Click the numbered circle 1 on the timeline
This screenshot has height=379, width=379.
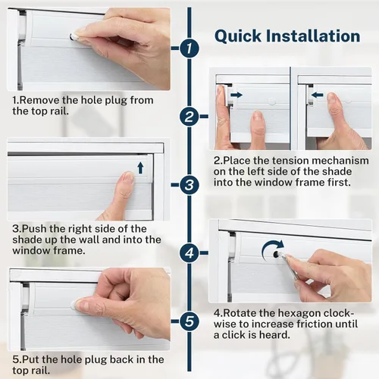click(189, 49)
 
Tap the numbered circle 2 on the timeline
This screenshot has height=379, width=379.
click(189, 117)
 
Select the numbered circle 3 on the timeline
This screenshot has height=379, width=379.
click(189, 185)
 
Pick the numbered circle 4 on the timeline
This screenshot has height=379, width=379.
click(189, 252)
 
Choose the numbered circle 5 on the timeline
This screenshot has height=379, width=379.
click(189, 321)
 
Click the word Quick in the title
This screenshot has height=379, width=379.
click(238, 36)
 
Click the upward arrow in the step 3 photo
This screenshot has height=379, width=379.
click(140, 168)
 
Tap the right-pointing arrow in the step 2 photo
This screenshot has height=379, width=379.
click(236, 95)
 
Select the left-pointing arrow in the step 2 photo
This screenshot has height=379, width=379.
click(318, 95)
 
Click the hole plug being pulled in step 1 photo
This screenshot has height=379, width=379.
click(73, 37)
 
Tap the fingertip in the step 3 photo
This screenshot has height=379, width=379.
click(128, 177)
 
